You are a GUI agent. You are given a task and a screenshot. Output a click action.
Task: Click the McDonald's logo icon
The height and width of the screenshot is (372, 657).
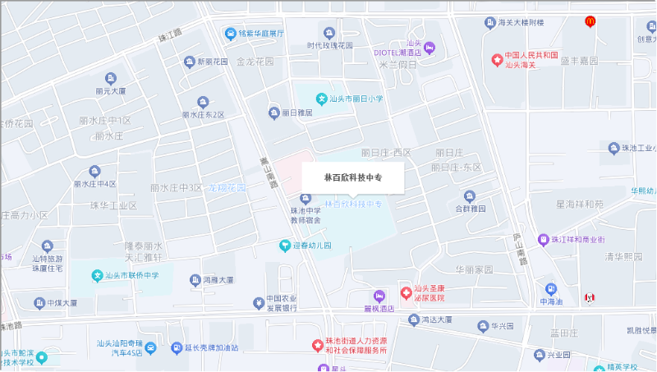pyautogui.click(x=589, y=21)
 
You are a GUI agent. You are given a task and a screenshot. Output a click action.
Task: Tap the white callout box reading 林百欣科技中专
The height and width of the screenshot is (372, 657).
pyautogui.click(x=353, y=177)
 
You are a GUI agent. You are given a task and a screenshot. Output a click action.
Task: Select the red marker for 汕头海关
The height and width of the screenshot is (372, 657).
pyautogui.click(x=496, y=59)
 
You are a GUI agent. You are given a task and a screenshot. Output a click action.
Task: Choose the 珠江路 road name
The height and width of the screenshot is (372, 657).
pyautogui.click(x=169, y=34)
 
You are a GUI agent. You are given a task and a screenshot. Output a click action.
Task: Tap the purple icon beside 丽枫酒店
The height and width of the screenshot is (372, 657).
pyautogui.click(x=379, y=296)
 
